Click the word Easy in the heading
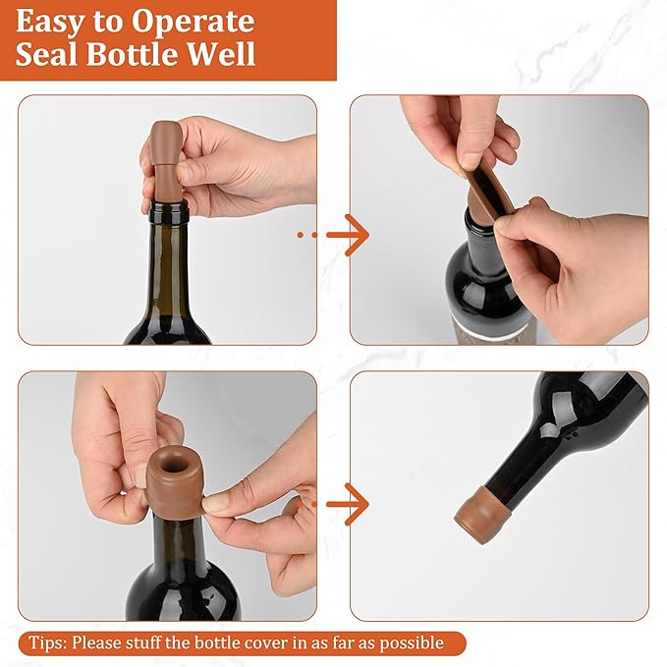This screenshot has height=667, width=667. coord(51,23)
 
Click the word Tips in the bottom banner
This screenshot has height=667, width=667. coord(46,643)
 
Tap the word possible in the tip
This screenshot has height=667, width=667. coord(412,643)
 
